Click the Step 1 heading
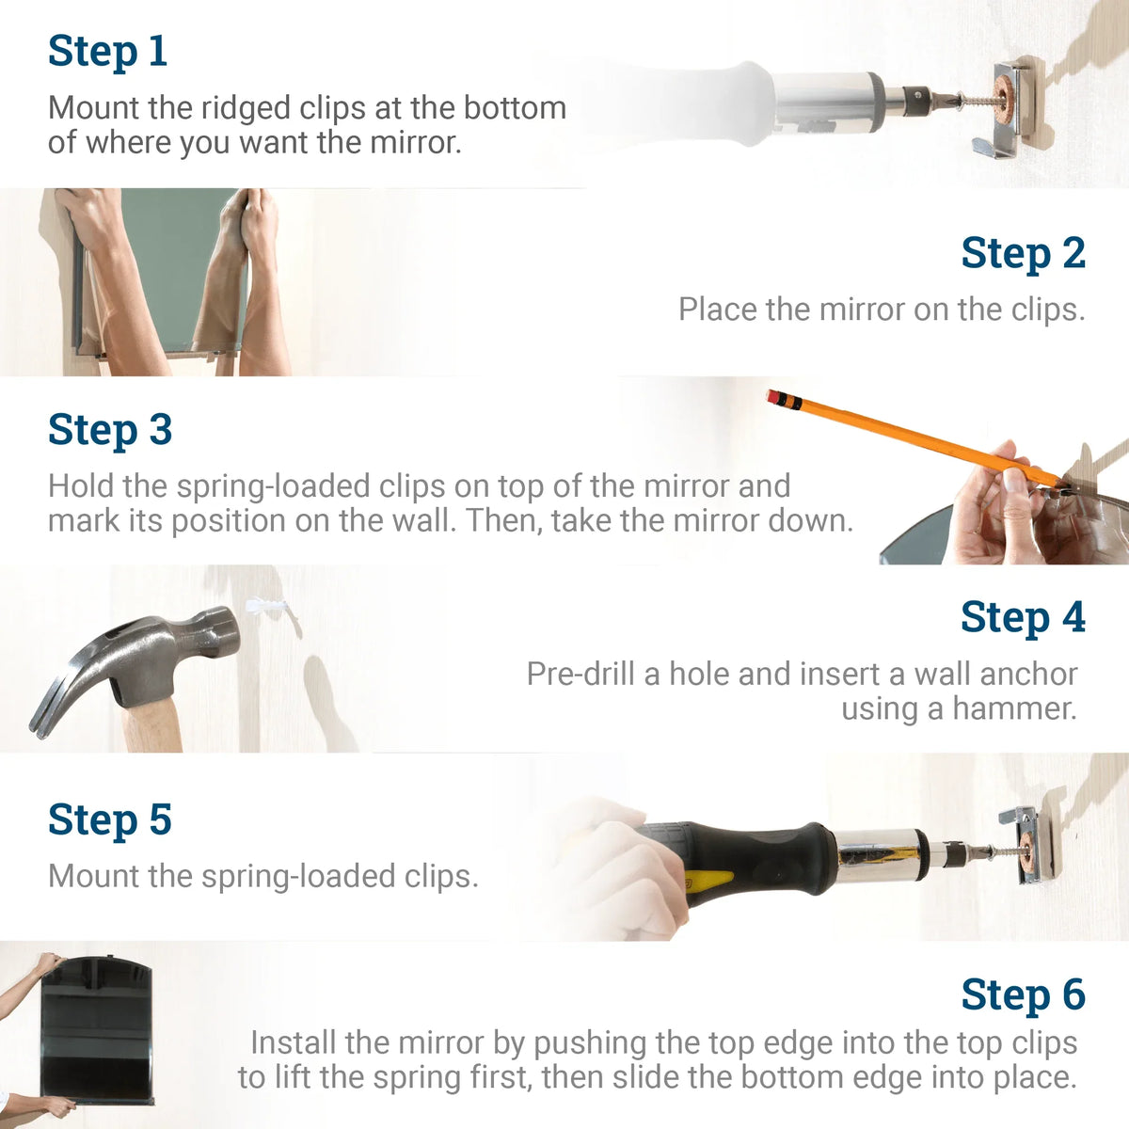107,51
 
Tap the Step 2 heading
1023,253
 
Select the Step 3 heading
110,430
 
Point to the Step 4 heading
1023,618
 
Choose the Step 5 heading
110,819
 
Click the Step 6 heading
1023,995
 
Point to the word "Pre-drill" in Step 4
580,674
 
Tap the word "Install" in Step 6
293,1042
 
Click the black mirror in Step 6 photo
94,1035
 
